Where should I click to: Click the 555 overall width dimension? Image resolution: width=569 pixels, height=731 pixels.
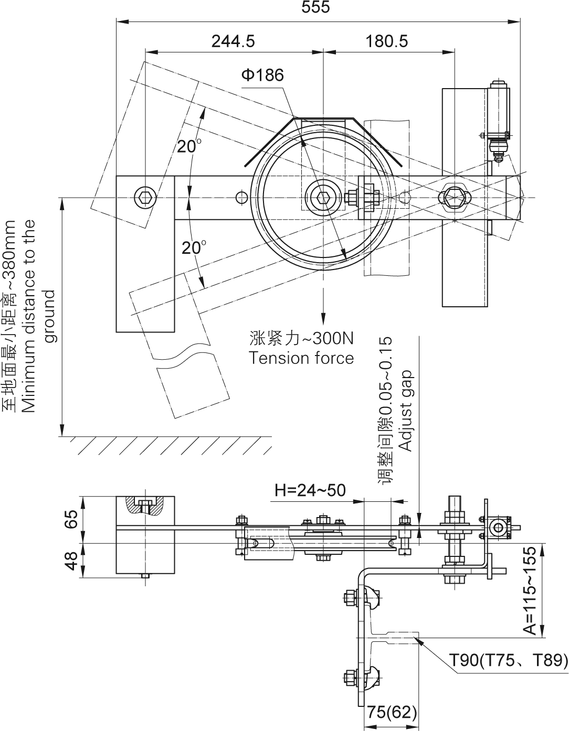[x=316, y=8]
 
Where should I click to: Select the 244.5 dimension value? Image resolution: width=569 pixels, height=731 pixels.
[x=233, y=41]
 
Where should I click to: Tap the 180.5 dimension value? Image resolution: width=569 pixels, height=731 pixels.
[x=387, y=41]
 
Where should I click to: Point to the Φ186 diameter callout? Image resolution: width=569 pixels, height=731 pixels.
[x=262, y=76]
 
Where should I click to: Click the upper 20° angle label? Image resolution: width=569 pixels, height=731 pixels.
[x=189, y=146]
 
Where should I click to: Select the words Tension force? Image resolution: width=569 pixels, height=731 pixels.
[x=301, y=358]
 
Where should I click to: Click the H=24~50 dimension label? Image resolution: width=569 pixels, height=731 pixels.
[x=310, y=490]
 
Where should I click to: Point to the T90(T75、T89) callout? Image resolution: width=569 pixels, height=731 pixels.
[x=508, y=660]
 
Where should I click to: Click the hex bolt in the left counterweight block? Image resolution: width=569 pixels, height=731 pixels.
[x=145, y=198]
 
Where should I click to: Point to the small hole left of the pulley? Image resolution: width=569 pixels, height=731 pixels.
[x=241, y=197]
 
